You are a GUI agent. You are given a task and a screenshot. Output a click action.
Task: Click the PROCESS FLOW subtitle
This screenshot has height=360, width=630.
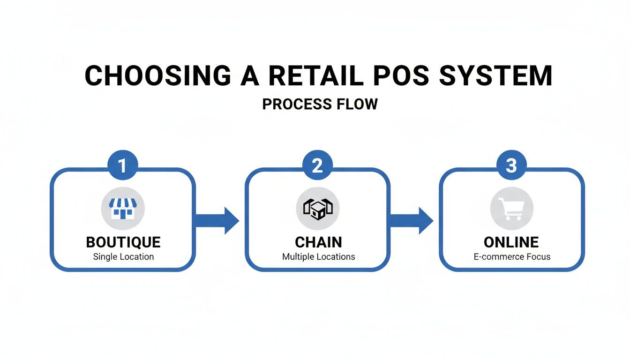320,104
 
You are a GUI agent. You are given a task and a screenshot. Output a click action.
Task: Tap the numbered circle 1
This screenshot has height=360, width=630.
123,166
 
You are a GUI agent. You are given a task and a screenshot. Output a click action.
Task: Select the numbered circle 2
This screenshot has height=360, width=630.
317,166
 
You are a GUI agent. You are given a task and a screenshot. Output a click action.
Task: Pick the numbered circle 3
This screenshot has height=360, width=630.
511,166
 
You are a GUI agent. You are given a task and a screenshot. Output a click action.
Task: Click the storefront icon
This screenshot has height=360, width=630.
123,208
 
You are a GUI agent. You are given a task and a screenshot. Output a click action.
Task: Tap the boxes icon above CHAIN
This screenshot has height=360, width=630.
317,208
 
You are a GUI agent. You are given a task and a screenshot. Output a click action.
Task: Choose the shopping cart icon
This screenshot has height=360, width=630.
511,208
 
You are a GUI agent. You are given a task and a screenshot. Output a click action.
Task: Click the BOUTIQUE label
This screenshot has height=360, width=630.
123,242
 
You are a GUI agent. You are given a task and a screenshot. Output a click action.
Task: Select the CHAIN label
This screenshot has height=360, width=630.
318,242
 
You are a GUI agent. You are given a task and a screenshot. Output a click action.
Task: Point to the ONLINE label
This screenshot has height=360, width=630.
511,242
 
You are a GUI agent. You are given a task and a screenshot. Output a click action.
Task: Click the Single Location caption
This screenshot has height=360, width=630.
123,257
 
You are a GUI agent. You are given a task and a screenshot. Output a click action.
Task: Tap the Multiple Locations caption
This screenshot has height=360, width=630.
318,257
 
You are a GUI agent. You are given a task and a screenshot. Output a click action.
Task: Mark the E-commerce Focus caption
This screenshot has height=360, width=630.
511,257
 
